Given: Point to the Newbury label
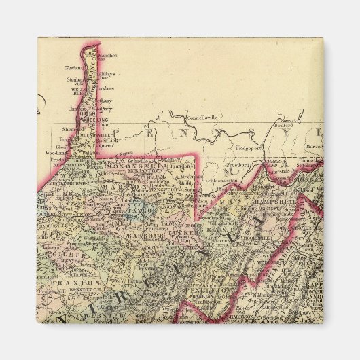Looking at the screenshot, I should [73, 67].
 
